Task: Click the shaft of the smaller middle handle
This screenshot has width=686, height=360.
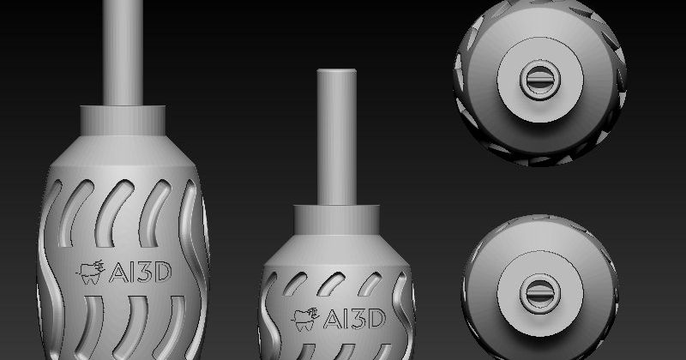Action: point(335,137)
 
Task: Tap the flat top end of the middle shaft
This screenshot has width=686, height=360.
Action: point(335,73)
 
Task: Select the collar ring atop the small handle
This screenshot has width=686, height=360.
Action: point(335,215)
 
